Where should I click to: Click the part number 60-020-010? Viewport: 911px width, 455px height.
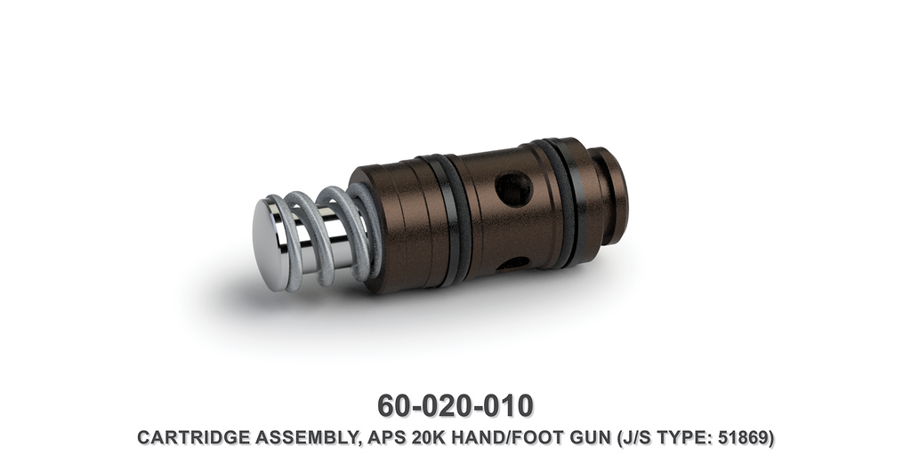(x=455, y=405)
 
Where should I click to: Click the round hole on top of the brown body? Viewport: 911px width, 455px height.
(x=513, y=189)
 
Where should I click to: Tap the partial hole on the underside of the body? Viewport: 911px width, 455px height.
(x=513, y=263)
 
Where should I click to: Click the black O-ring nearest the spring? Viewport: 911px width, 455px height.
(x=454, y=218)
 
